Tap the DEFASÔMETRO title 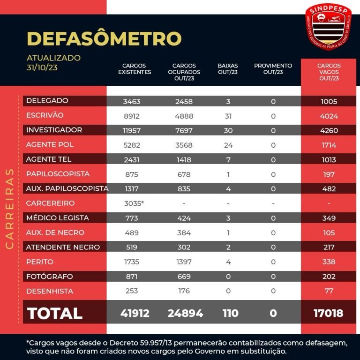click(104, 38)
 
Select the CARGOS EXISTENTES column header click(135, 69)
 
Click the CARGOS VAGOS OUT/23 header click(329, 72)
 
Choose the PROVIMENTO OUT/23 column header click(273, 69)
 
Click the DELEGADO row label click(47, 101)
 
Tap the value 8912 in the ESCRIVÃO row click(132, 116)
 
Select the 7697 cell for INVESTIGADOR click(184, 130)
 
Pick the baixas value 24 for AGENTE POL click(228, 145)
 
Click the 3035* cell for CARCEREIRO click(133, 203)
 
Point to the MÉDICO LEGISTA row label click(58, 218)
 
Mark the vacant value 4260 click(329, 130)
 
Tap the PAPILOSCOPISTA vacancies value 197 click(329, 174)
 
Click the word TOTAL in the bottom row click(55, 313)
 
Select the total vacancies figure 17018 click(329, 313)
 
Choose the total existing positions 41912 click(135, 313)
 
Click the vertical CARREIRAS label click(9, 209)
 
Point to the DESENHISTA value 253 click(132, 291)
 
